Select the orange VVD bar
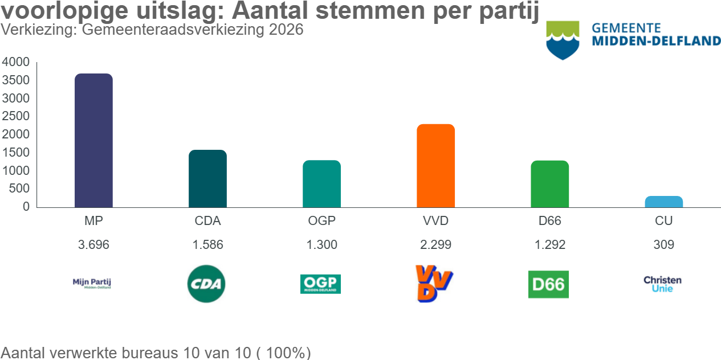pyautogui.click(x=436, y=166)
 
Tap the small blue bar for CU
pyautogui.click(x=664, y=202)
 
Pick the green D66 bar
pyautogui.click(x=550, y=184)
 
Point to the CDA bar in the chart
pyautogui.click(x=207, y=179)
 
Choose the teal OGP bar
pyautogui.click(x=321, y=184)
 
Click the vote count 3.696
pyautogui.click(x=93, y=245)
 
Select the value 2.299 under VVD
pyautogui.click(x=436, y=245)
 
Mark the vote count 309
pyautogui.click(x=664, y=245)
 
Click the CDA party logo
pyautogui.click(x=207, y=284)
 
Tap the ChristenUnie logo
pyautogui.click(x=662, y=284)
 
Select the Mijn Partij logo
pyautogui.click(x=92, y=284)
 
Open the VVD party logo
pyautogui.click(x=434, y=284)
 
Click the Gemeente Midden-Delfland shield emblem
pyautogui.click(x=563, y=40)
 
